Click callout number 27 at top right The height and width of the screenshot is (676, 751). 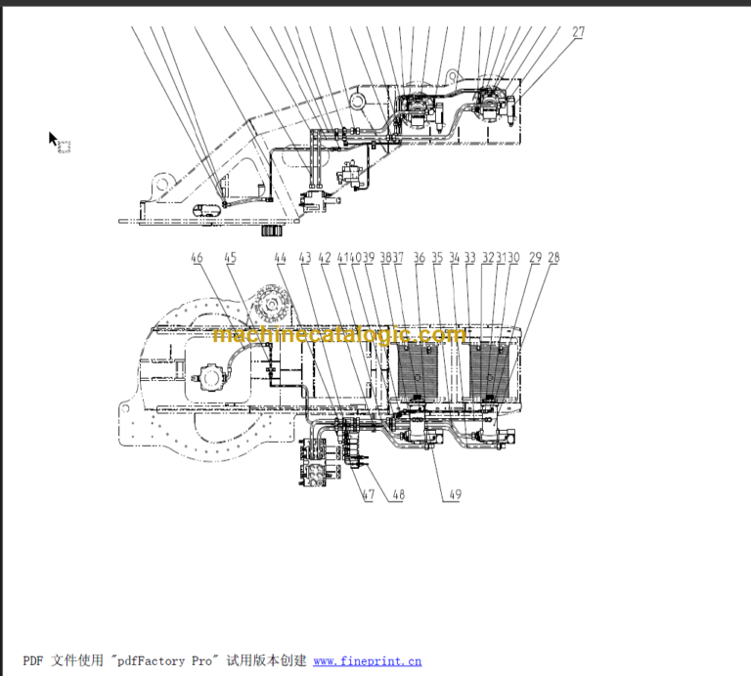click(x=579, y=32)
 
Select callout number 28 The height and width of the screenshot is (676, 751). click(x=554, y=258)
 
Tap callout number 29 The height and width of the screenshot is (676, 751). click(x=535, y=258)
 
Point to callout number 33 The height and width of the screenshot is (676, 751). click(x=470, y=258)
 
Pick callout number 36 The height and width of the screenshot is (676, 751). click(x=420, y=258)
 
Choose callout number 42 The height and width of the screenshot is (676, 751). click(x=325, y=258)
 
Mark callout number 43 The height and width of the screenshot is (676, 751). click(x=305, y=258)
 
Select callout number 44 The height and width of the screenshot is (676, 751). click(x=281, y=258)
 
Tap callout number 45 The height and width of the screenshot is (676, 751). click(x=230, y=258)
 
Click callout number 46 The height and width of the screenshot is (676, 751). click(x=198, y=258)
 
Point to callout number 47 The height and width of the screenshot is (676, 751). click(x=368, y=495)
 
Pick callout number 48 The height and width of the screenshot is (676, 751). click(x=397, y=495)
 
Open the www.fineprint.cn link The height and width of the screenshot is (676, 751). click(x=367, y=661)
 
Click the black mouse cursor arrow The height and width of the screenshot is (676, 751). click(x=54, y=139)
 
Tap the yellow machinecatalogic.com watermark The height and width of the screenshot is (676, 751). click(x=339, y=335)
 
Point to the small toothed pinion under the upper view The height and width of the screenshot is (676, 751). click(x=271, y=232)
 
